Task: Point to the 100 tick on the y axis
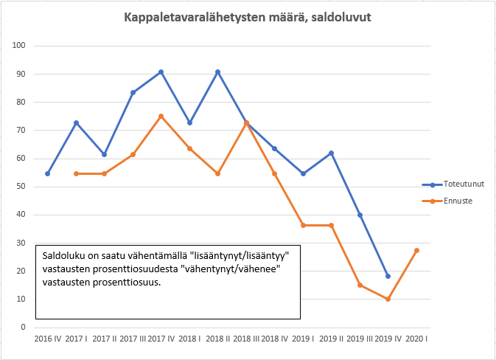(20, 46)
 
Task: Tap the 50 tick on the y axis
(21, 187)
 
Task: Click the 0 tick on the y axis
(24, 328)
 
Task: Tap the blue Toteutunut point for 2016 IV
(48, 173)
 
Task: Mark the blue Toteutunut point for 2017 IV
(161, 72)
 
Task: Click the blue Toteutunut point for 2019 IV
(388, 276)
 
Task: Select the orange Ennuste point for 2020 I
(417, 250)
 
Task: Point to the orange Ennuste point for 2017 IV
(161, 116)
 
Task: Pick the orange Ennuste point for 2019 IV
(388, 299)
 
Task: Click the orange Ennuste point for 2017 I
(76, 173)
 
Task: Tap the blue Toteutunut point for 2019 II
(332, 153)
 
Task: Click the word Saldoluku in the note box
(63, 255)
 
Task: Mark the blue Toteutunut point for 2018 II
(218, 72)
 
